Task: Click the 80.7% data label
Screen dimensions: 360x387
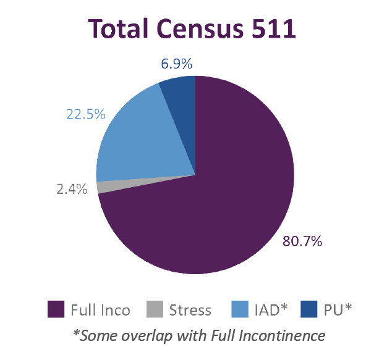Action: pos(302,241)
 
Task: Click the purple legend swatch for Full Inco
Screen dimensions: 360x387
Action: pos(56,309)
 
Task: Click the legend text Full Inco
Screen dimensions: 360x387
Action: pos(100,310)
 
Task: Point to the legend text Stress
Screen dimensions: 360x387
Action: pos(190,310)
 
